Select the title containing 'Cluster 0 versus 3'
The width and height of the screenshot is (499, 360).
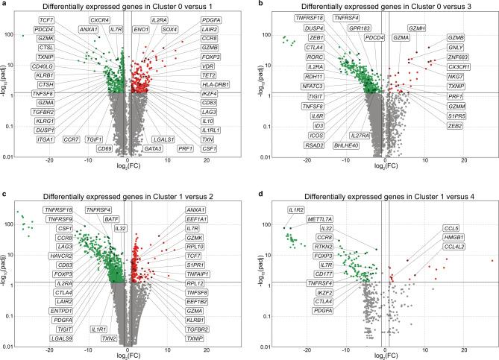click(x=380, y=6)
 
